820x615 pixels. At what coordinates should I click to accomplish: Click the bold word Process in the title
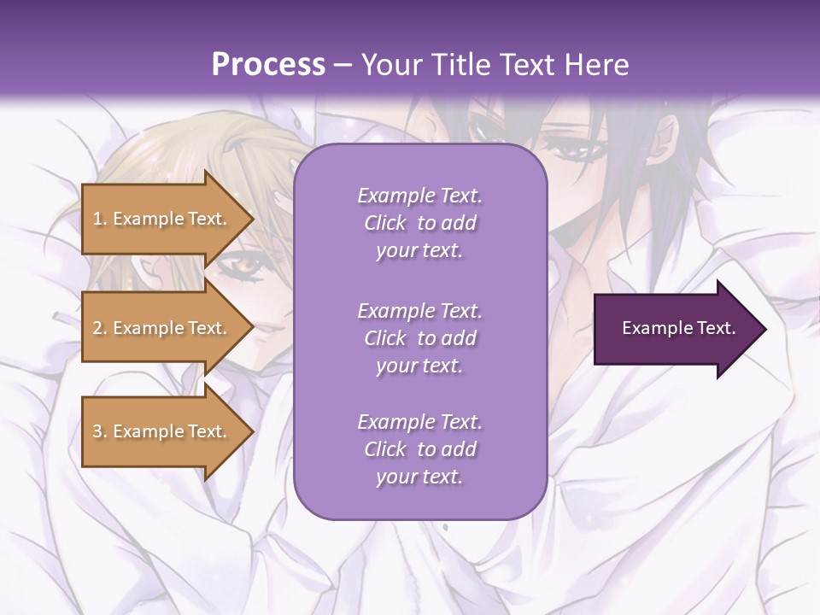coord(268,64)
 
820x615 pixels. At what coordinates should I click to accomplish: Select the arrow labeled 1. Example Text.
coord(162,219)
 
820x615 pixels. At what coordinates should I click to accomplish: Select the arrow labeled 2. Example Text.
coord(162,328)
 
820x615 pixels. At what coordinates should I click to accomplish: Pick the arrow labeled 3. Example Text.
coord(162,431)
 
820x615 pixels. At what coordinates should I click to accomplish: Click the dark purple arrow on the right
coord(675,329)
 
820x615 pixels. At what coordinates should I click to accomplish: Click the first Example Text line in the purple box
coord(419,196)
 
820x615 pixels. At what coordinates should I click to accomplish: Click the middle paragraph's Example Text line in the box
coord(419,311)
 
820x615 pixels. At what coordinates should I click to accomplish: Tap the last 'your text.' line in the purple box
coord(419,477)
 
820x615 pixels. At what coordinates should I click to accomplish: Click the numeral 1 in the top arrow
coord(97,219)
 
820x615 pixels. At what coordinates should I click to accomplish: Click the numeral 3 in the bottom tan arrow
coord(97,431)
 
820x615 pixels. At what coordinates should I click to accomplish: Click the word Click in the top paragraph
coord(385,223)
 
